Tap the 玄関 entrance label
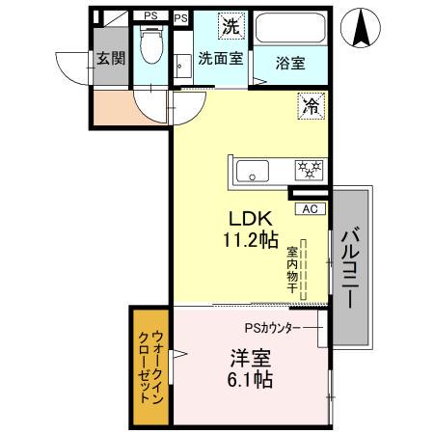pos(109,56)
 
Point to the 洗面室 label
pos(221,58)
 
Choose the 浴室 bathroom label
pos(290,64)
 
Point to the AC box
pos(312,207)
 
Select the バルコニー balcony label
pos(352,268)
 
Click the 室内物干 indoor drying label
pos(290,269)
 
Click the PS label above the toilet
pos(150,15)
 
